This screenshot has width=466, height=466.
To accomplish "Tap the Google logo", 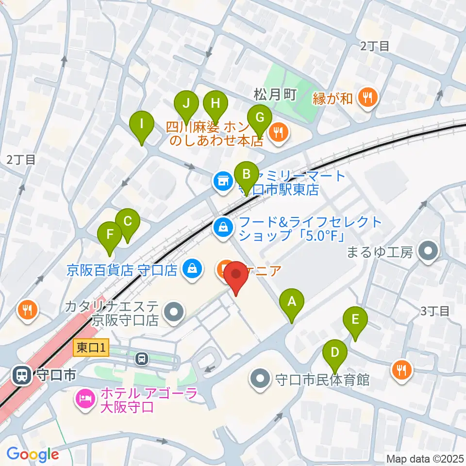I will coord(33,454).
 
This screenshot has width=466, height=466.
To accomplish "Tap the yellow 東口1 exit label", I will coord(92,347).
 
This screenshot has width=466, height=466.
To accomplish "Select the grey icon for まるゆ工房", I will coord(429,251).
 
